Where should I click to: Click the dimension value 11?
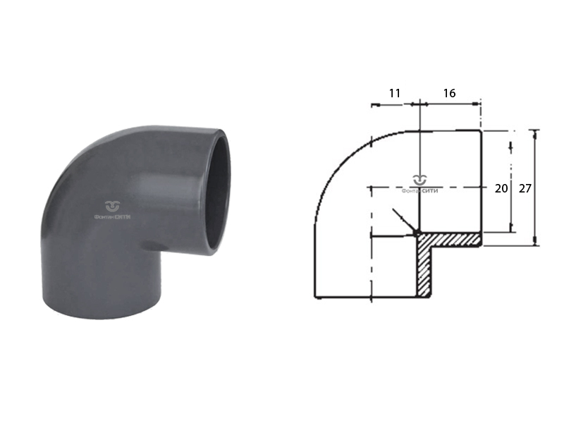395,94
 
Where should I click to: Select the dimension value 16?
449,94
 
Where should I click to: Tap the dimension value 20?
501,188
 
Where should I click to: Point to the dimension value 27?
525,188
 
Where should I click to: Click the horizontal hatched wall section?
450,240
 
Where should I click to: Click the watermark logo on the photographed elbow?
112,210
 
